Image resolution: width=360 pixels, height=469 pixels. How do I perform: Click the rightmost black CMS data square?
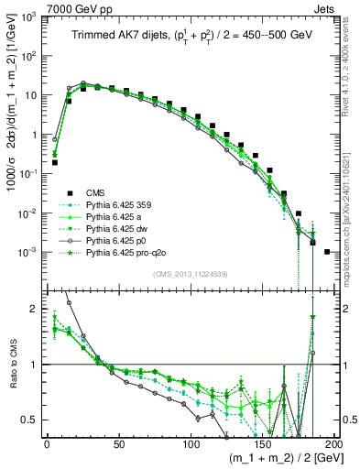[327, 251]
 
